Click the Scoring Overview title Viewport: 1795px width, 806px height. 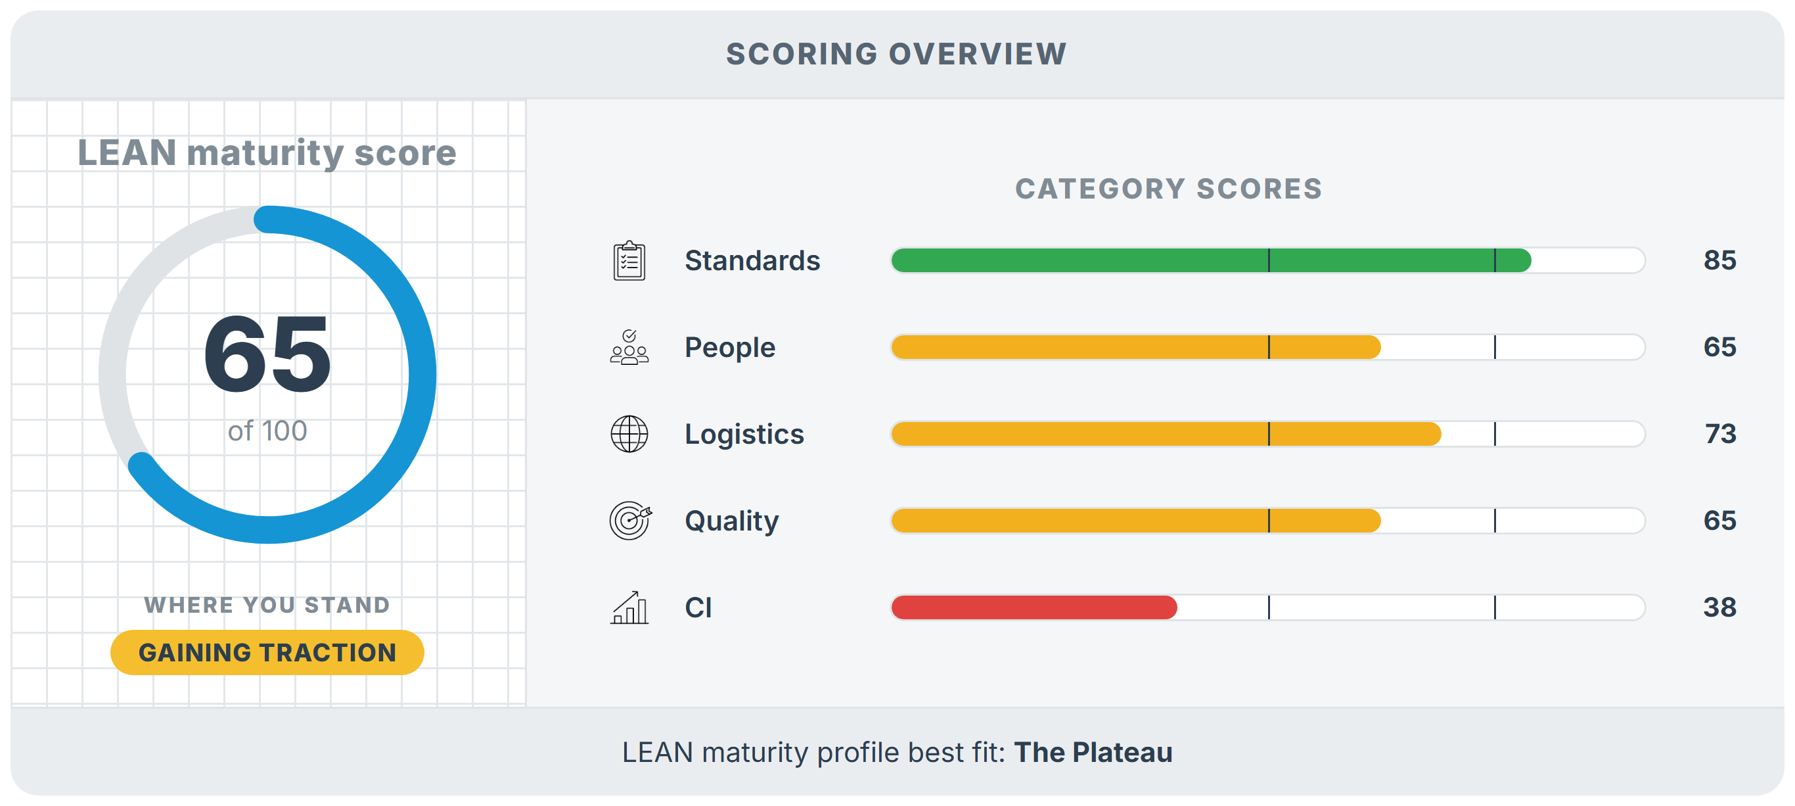[x=896, y=54]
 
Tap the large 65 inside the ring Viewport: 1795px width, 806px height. [x=267, y=355]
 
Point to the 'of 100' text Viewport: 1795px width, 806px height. [x=267, y=431]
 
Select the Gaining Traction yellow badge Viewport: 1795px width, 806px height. [x=267, y=652]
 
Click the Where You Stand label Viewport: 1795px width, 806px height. [x=267, y=605]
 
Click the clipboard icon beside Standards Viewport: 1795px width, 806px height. [x=629, y=261]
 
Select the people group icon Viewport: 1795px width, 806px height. [x=629, y=347]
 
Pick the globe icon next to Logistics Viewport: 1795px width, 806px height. [x=629, y=434]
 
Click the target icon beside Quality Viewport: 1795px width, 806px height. [x=630, y=520]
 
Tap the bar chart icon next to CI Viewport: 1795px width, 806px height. [x=629, y=607]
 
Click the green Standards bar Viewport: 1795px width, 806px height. [x=1211, y=260]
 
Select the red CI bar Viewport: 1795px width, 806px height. [x=1034, y=607]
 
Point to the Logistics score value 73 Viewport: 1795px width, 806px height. [x=1719, y=434]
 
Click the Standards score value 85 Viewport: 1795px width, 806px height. [x=1719, y=260]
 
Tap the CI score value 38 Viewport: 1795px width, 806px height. [x=1719, y=607]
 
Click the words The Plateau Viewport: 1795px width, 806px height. [x=1093, y=752]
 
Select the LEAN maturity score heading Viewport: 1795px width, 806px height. [x=267, y=153]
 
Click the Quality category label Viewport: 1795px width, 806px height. [x=732, y=521]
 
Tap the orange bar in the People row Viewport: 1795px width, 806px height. [x=1136, y=347]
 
